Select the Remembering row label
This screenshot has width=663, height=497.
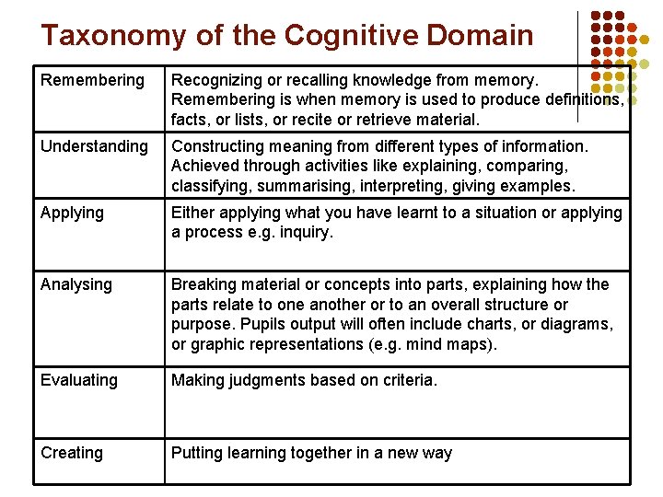pyautogui.click(x=92, y=80)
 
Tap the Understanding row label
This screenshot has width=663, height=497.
pyautogui.click(x=94, y=146)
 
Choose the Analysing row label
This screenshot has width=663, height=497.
pyautogui.click(x=76, y=284)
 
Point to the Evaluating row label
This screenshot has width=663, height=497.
pyautogui.click(x=79, y=380)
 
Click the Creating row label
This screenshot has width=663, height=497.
pyautogui.click(x=72, y=453)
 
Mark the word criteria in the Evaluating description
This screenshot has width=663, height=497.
pyautogui.click(x=406, y=380)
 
